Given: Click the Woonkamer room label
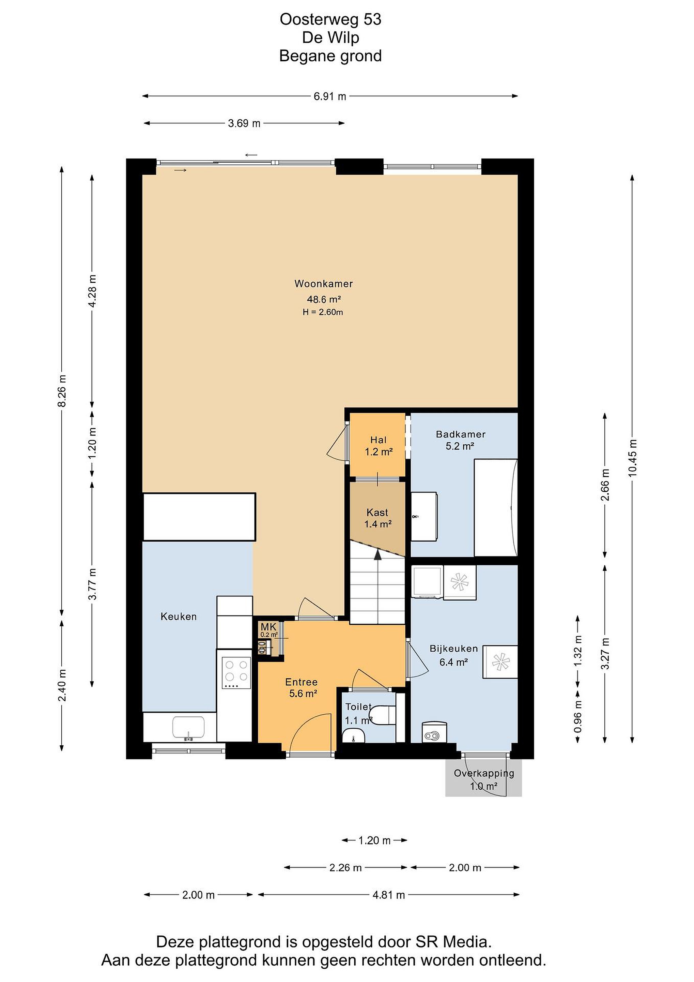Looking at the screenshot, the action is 324,284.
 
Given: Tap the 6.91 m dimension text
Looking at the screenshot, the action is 330,96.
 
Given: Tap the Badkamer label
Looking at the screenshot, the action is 461,434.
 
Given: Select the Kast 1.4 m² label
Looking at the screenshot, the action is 378,518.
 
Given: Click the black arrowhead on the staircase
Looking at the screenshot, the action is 378,554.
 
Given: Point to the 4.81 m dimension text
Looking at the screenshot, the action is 388,895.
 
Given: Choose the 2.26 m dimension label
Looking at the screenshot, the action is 345,867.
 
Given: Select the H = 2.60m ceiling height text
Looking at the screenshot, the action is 323,312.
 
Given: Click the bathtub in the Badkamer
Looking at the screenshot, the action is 496,508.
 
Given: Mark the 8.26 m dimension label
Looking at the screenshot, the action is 62,391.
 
